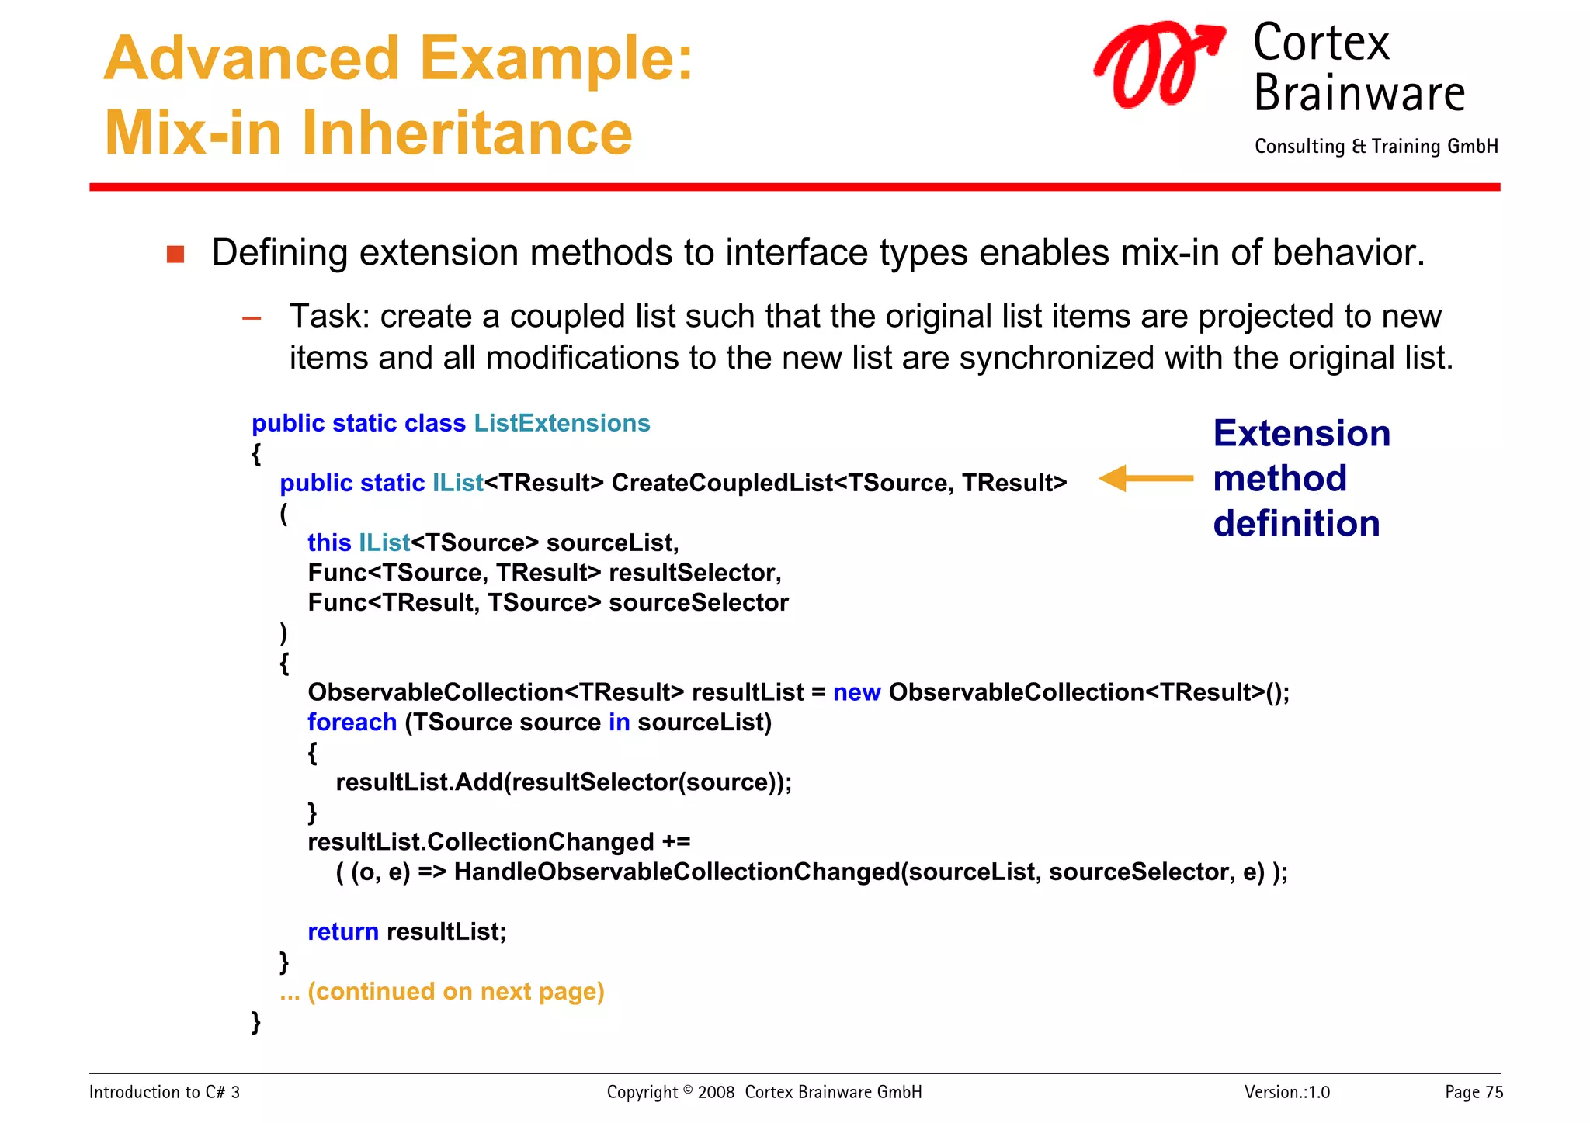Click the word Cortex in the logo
click(x=1321, y=43)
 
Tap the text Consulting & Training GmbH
click(x=1376, y=147)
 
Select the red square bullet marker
click(x=175, y=255)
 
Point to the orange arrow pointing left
click(x=1145, y=479)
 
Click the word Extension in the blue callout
click(x=1301, y=433)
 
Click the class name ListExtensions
click(x=561, y=423)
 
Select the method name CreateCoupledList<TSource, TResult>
click(x=838, y=483)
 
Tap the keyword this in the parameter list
click(x=329, y=542)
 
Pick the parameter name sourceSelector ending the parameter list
click(x=698, y=603)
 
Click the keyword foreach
click(x=352, y=723)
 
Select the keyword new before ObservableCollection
click(x=856, y=692)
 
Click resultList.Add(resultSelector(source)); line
click(x=564, y=782)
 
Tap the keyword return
click(x=342, y=932)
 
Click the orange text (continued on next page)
click(x=456, y=992)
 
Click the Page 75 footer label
click(x=1473, y=1093)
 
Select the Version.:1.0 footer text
click(x=1286, y=1093)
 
